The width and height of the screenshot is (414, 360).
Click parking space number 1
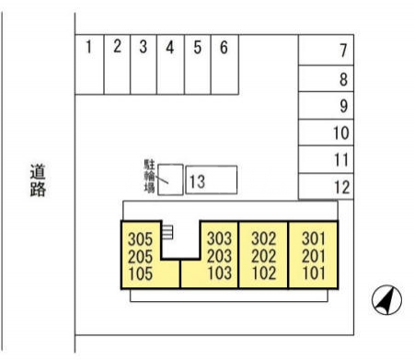pyautogui.click(x=89, y=64)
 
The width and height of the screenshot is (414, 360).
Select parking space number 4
pyautogui.click(x=170, y=64)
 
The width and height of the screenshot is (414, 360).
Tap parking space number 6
pyautogui.click(x=223, y=64)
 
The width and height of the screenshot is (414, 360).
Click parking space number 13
pyautogui.click(x=211, y=180)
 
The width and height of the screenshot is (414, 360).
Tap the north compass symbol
pyautogui.click(x=387, y=299)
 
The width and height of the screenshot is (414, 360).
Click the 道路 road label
pyautogui.click(x=38, y=180)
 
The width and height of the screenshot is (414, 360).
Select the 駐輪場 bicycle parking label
pyautogui.click(x=149, y=175)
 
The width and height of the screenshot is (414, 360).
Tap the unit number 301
pyautogui.click(x=314, y=238)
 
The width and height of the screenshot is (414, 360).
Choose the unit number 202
pyautogui.click(x=264, y=255)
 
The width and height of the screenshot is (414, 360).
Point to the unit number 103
pyautogui.click(x=219, y=273)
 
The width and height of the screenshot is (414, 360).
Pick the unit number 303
pyautogui.click(x=219, y=238)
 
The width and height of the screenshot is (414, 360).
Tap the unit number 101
pyautogui.click(x=314, y=273)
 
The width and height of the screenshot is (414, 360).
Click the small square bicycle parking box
pyautogui.click(x=170, y=180)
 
